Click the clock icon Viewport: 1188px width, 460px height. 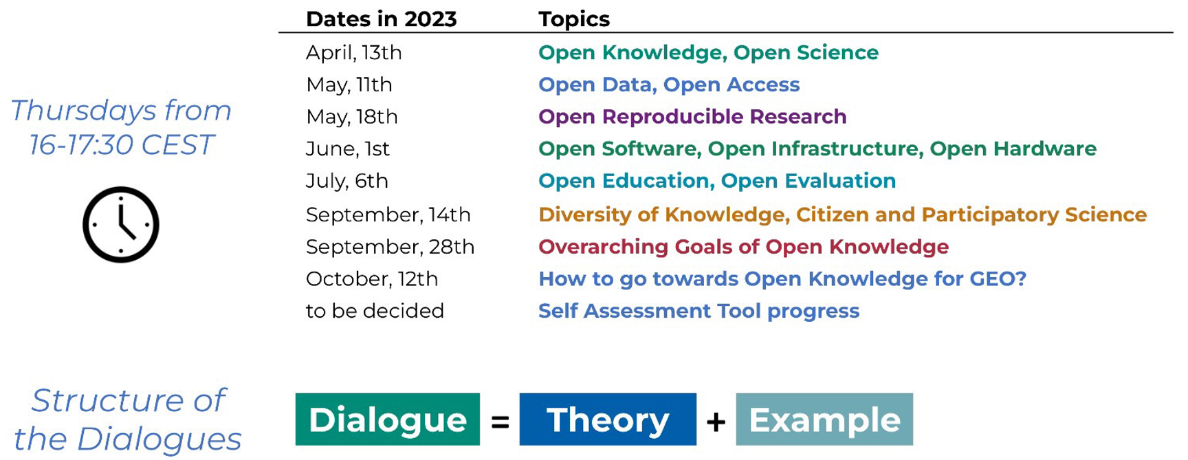tap(121, 224)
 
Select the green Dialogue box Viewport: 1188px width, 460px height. tap(388, 419)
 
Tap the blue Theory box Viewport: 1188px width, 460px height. tap(608, 419)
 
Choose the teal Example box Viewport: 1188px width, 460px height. tap(824, 419)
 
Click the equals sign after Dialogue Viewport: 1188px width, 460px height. tap(500, 421)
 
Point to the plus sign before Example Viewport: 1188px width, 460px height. tap(716, 421)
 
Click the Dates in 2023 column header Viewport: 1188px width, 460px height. tap(381, 19)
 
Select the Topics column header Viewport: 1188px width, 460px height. tap(574, 19)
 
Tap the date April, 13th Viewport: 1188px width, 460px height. tap(353, 52)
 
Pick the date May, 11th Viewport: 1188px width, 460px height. tap(349, 85)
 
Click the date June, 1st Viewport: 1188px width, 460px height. tap(347, 149)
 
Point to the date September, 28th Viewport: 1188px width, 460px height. tap(390, 247)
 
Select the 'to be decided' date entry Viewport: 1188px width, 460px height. tap(375, 311)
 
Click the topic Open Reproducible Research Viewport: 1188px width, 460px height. tap(692, 117)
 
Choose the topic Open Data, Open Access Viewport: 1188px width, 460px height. tap(669, 85)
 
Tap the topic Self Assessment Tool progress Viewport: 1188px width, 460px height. tap(698, 311)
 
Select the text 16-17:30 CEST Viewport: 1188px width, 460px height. tap(122, 144)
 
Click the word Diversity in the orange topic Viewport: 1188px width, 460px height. tap(585, 215)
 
